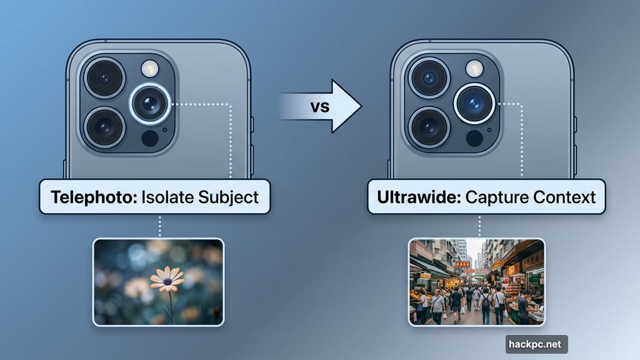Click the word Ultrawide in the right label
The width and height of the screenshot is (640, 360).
click(413, 197)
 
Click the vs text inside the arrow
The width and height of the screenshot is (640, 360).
click(320, 106)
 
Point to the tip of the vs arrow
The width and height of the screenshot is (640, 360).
click(361, 106)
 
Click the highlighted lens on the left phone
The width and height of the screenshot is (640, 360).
click(150, 103)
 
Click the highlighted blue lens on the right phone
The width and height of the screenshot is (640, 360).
click(475, 103)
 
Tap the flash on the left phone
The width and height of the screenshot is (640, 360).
click(150, 68)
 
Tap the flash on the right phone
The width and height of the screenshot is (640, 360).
click(475, 68)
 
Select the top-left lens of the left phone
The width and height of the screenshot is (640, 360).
click(104, 78)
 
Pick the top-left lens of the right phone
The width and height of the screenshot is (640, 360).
click(429, 78)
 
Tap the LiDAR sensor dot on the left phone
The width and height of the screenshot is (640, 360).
click(150, 138)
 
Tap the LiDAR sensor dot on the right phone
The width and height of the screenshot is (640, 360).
click(475, 138)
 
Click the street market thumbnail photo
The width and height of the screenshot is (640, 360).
click(476, 282)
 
